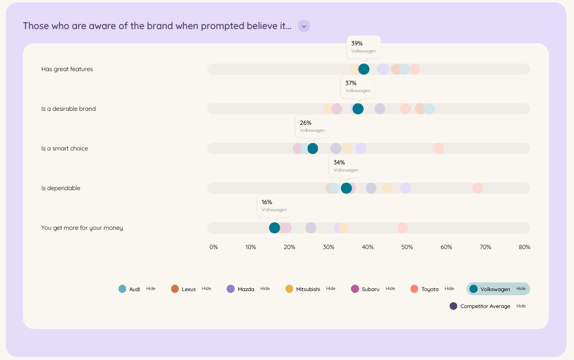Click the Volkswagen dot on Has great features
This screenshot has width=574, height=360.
click(364, 69)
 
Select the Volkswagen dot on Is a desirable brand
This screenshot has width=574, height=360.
click(358, 109)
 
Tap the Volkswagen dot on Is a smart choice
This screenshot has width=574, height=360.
click(313, 149)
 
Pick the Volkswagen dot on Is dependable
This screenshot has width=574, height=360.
click(346, 188)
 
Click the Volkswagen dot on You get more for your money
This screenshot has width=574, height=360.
click(274, 228)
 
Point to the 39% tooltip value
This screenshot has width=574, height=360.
click(357, 43)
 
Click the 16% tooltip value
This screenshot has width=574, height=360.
click(267, 202)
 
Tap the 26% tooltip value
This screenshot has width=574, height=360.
click(305, 123)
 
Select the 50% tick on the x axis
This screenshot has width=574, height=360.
click(406, 247)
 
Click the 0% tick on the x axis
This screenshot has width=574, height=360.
click(214, 247)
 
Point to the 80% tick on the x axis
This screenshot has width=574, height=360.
click(524, 247)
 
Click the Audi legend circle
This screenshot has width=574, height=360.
click(122, 289)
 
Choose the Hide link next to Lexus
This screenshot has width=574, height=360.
click(206, 288)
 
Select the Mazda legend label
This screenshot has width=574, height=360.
click(246, 289)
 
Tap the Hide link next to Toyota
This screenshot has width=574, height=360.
click(449, 288)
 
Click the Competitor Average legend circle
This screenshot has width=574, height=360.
click(454, 306)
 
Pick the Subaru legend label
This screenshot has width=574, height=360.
click(370, 289)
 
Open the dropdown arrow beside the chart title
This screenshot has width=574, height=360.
click(304, 26)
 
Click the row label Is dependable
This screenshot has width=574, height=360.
click(61, 188)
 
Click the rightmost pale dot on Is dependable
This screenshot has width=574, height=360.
click(478, 188)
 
